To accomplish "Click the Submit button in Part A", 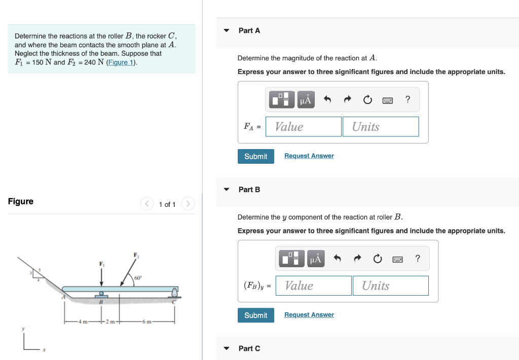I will pyautogui.click(x=255, y=156).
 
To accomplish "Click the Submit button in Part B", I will pyautogui.click(x=255, y=315).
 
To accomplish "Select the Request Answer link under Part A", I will pyautogui.click(x=309, y=156).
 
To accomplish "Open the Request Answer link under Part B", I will pyautogui.click(x=309, y=315).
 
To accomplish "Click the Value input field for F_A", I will pyautogui.click(x=303, y=127).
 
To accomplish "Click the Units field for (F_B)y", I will pyautogui.click(x=390, y=286).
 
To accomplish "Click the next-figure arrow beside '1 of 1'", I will pyautogui.click(x=188, y=204).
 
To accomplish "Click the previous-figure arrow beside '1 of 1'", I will pyautogui.click(x=146, y=204).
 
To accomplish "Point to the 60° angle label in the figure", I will pyautogui.click(x=138, y=277).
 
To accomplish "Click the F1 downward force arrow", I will pyautogui.click(x=101, y=276).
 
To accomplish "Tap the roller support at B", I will pyautogui.click(x=101, y=295).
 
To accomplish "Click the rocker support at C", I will pyautogui.click(x=175, y=293).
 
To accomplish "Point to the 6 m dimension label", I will pyautogui.click(x=147, y=322).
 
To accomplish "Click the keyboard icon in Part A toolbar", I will pyautogui.click(x=388, y=100).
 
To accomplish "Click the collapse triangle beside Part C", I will pyautogui.click(x=227, y=348).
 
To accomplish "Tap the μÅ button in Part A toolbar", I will pyautogui.click(x=305, y=100).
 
